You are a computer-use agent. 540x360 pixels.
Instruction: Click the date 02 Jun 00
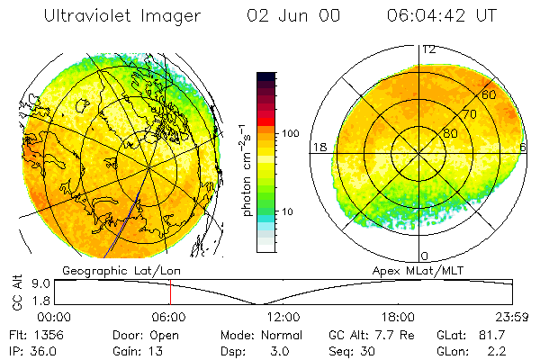tap(282, 16)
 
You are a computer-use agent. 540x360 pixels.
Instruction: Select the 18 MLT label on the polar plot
tap(318, 147)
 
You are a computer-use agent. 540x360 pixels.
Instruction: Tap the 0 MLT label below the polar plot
tap(424, 256)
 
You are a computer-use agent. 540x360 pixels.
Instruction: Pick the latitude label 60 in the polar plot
tap(489, 94)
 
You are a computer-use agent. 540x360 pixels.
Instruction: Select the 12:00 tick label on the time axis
tap(283, 317)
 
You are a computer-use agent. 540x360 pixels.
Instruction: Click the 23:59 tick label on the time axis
tap(510, 317)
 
